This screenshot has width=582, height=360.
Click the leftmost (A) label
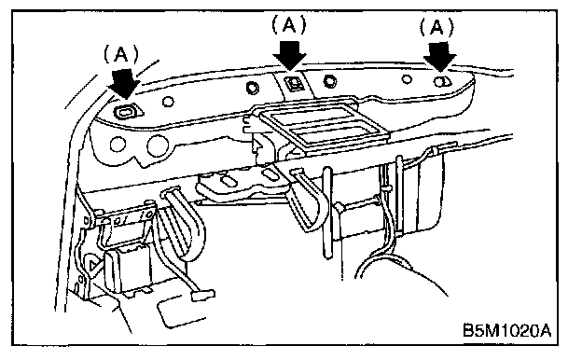(x=121, y=55)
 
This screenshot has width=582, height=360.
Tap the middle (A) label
(x=289, y=25)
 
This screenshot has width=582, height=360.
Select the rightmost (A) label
(x=436, y=27)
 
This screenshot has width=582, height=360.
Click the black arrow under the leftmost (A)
(x=124, y=84)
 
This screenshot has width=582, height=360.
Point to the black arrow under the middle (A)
(x=289, y=55)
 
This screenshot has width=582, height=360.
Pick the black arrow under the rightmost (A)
(x=440, y=56)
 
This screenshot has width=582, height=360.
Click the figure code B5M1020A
(x=507, y=330)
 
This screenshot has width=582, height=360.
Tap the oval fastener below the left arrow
(x=127, y=111)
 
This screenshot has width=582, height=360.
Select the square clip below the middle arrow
(x=294, y=83)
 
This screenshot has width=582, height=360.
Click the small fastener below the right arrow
(x=441, y=81)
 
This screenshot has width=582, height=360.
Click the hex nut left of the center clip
(x=253, y=88)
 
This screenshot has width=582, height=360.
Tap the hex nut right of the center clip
(x=329, y=81)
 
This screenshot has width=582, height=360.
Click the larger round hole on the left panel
(x=159, y=145)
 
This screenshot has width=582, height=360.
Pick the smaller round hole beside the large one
(x=118, y=144)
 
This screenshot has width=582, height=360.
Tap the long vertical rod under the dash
(x=327, y=213)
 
